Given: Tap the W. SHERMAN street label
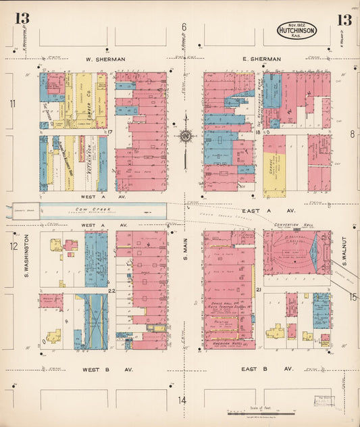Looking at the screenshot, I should click(x=106, y=59).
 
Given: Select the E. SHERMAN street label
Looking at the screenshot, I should click(x=262, y=59).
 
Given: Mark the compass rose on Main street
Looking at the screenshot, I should click(x=184, y=136).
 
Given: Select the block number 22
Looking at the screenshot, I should click(x=111, y=291).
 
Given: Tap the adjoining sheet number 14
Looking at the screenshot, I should click(x=182, y=400).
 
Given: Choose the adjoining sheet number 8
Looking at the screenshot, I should click(x=352, y=134).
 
